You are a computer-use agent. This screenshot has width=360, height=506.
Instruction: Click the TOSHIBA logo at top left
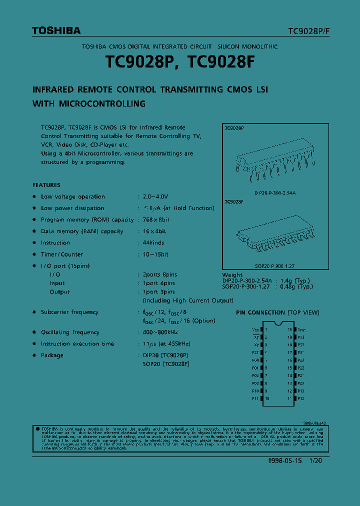(56, 31)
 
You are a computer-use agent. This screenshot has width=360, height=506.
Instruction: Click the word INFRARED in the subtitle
(53, 90)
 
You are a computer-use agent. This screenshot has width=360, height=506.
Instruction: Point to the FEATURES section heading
(46, 185)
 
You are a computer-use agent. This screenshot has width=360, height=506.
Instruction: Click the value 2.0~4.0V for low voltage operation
(155, 197)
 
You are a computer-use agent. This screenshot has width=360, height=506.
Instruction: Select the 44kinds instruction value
(153, 243)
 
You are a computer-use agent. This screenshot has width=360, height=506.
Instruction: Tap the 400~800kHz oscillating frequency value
(160, 332)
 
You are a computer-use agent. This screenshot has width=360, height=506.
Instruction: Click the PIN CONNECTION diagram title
(277, 312)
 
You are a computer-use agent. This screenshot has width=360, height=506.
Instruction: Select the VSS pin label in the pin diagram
(255, 330)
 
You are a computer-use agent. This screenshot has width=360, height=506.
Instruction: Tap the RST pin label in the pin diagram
(256, 352)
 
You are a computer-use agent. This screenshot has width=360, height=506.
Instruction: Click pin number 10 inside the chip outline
(267, 398)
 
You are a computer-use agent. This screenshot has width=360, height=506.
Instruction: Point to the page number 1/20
(315, 460)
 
